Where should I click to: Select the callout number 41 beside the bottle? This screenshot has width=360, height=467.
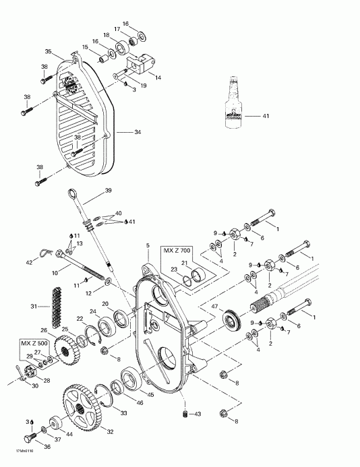[266, 117]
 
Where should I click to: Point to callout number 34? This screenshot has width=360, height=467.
[138, 133]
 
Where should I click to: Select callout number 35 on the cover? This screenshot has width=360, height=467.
[48, 52]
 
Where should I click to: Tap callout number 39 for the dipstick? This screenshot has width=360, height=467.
[107, 191]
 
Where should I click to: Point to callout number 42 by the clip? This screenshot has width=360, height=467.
[28, 261]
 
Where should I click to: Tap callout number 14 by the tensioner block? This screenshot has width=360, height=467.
[158, 78]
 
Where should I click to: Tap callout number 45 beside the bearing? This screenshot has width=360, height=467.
[151, 394]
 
